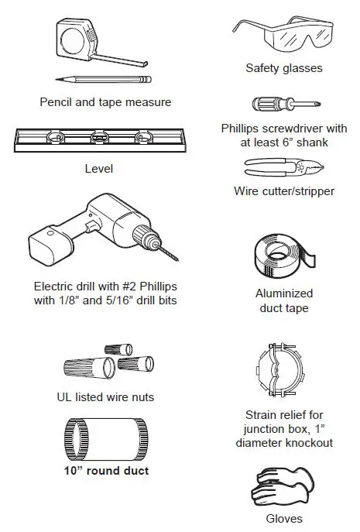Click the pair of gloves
tap(282, 486)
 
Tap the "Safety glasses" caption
tap(283, 68)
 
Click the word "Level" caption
tap(98, 168)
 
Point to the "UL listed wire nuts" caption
tap(106, 397)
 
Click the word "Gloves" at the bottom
tap(283, 518)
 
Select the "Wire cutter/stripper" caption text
tap(283, 190)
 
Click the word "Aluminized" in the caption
tap(283, 294)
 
